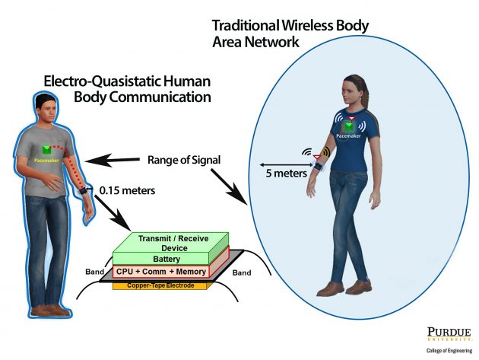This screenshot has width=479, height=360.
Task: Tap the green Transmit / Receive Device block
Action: [x=170, y=242]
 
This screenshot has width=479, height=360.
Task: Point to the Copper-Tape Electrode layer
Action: [x=160, y=285]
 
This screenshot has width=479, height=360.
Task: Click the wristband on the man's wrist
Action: [x=82, y=191]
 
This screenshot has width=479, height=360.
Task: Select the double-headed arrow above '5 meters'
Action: [x=283, y=163]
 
